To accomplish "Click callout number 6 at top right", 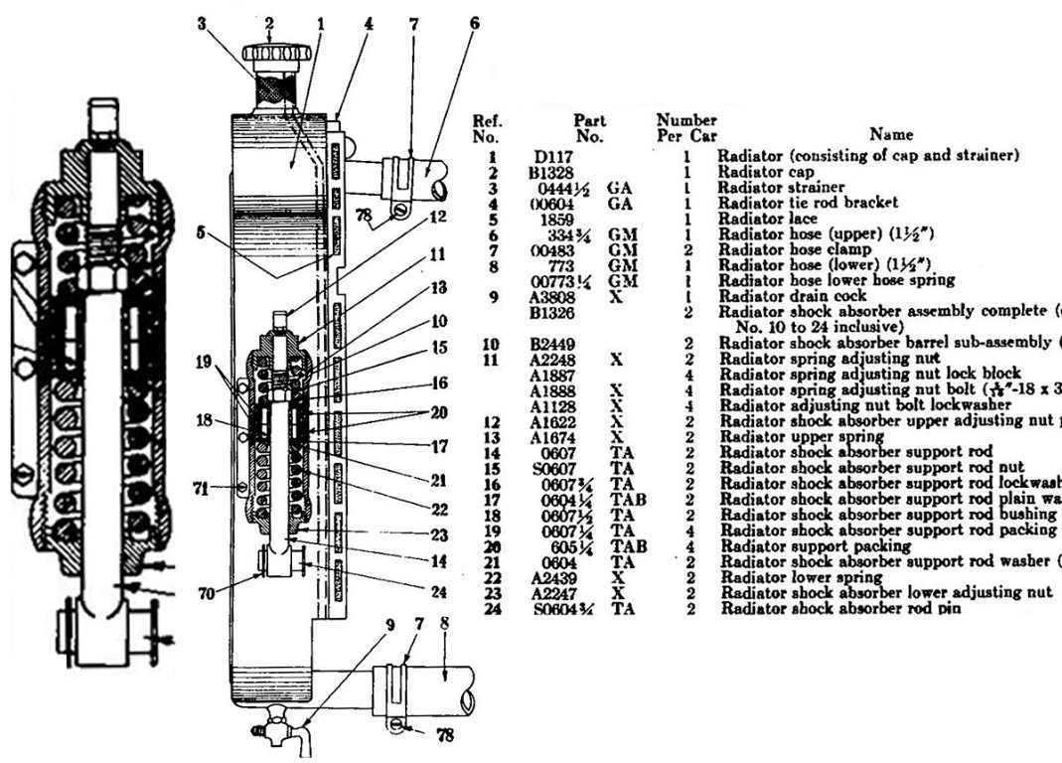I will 474,22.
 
